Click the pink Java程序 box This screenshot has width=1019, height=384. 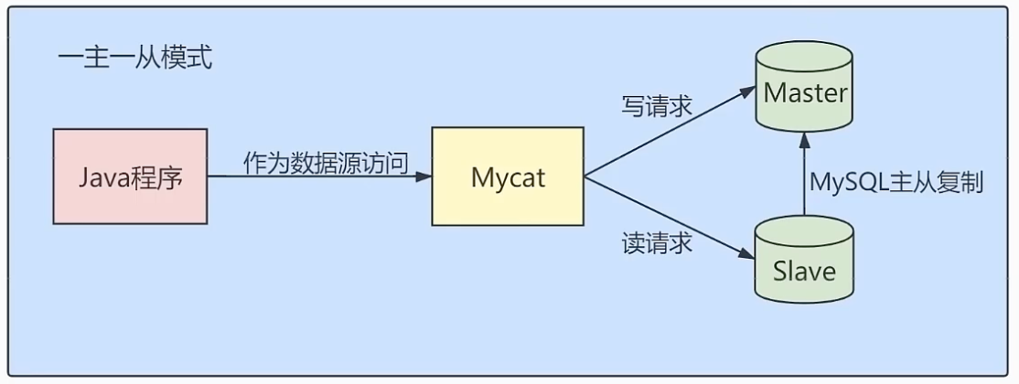point(130,176)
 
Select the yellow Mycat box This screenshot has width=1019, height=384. point(508,176)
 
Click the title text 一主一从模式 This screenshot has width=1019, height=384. point(134,59)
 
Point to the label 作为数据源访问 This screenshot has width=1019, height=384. point(325,163)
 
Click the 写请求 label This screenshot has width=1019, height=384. point(656,107)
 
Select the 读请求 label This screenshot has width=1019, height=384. point(656,243)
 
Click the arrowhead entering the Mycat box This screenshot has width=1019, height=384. point(424,176)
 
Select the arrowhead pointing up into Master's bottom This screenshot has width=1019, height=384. point(805,137)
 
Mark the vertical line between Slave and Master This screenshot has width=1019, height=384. point(805,183)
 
